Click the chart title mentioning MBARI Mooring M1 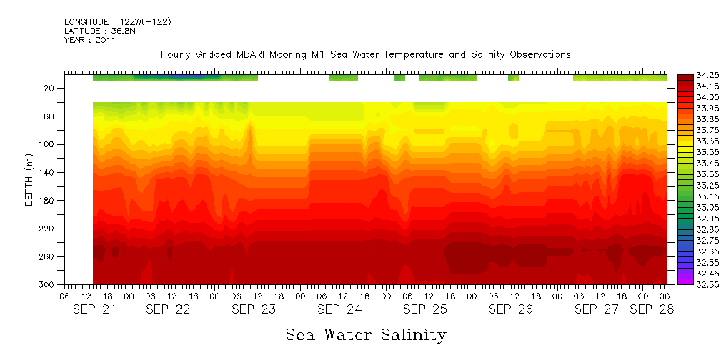(365, 54)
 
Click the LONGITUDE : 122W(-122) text (117, 21)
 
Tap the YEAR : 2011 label (89, 40)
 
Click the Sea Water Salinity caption (366, 334)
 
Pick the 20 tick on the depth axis (50, 88)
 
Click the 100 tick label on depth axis (48, 144)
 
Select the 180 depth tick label (48, 201)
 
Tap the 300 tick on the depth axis (48, 285)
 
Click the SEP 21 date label (96, 309)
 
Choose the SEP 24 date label (339, 309)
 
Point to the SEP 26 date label (511, 309)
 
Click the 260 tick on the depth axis (48, 257)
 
